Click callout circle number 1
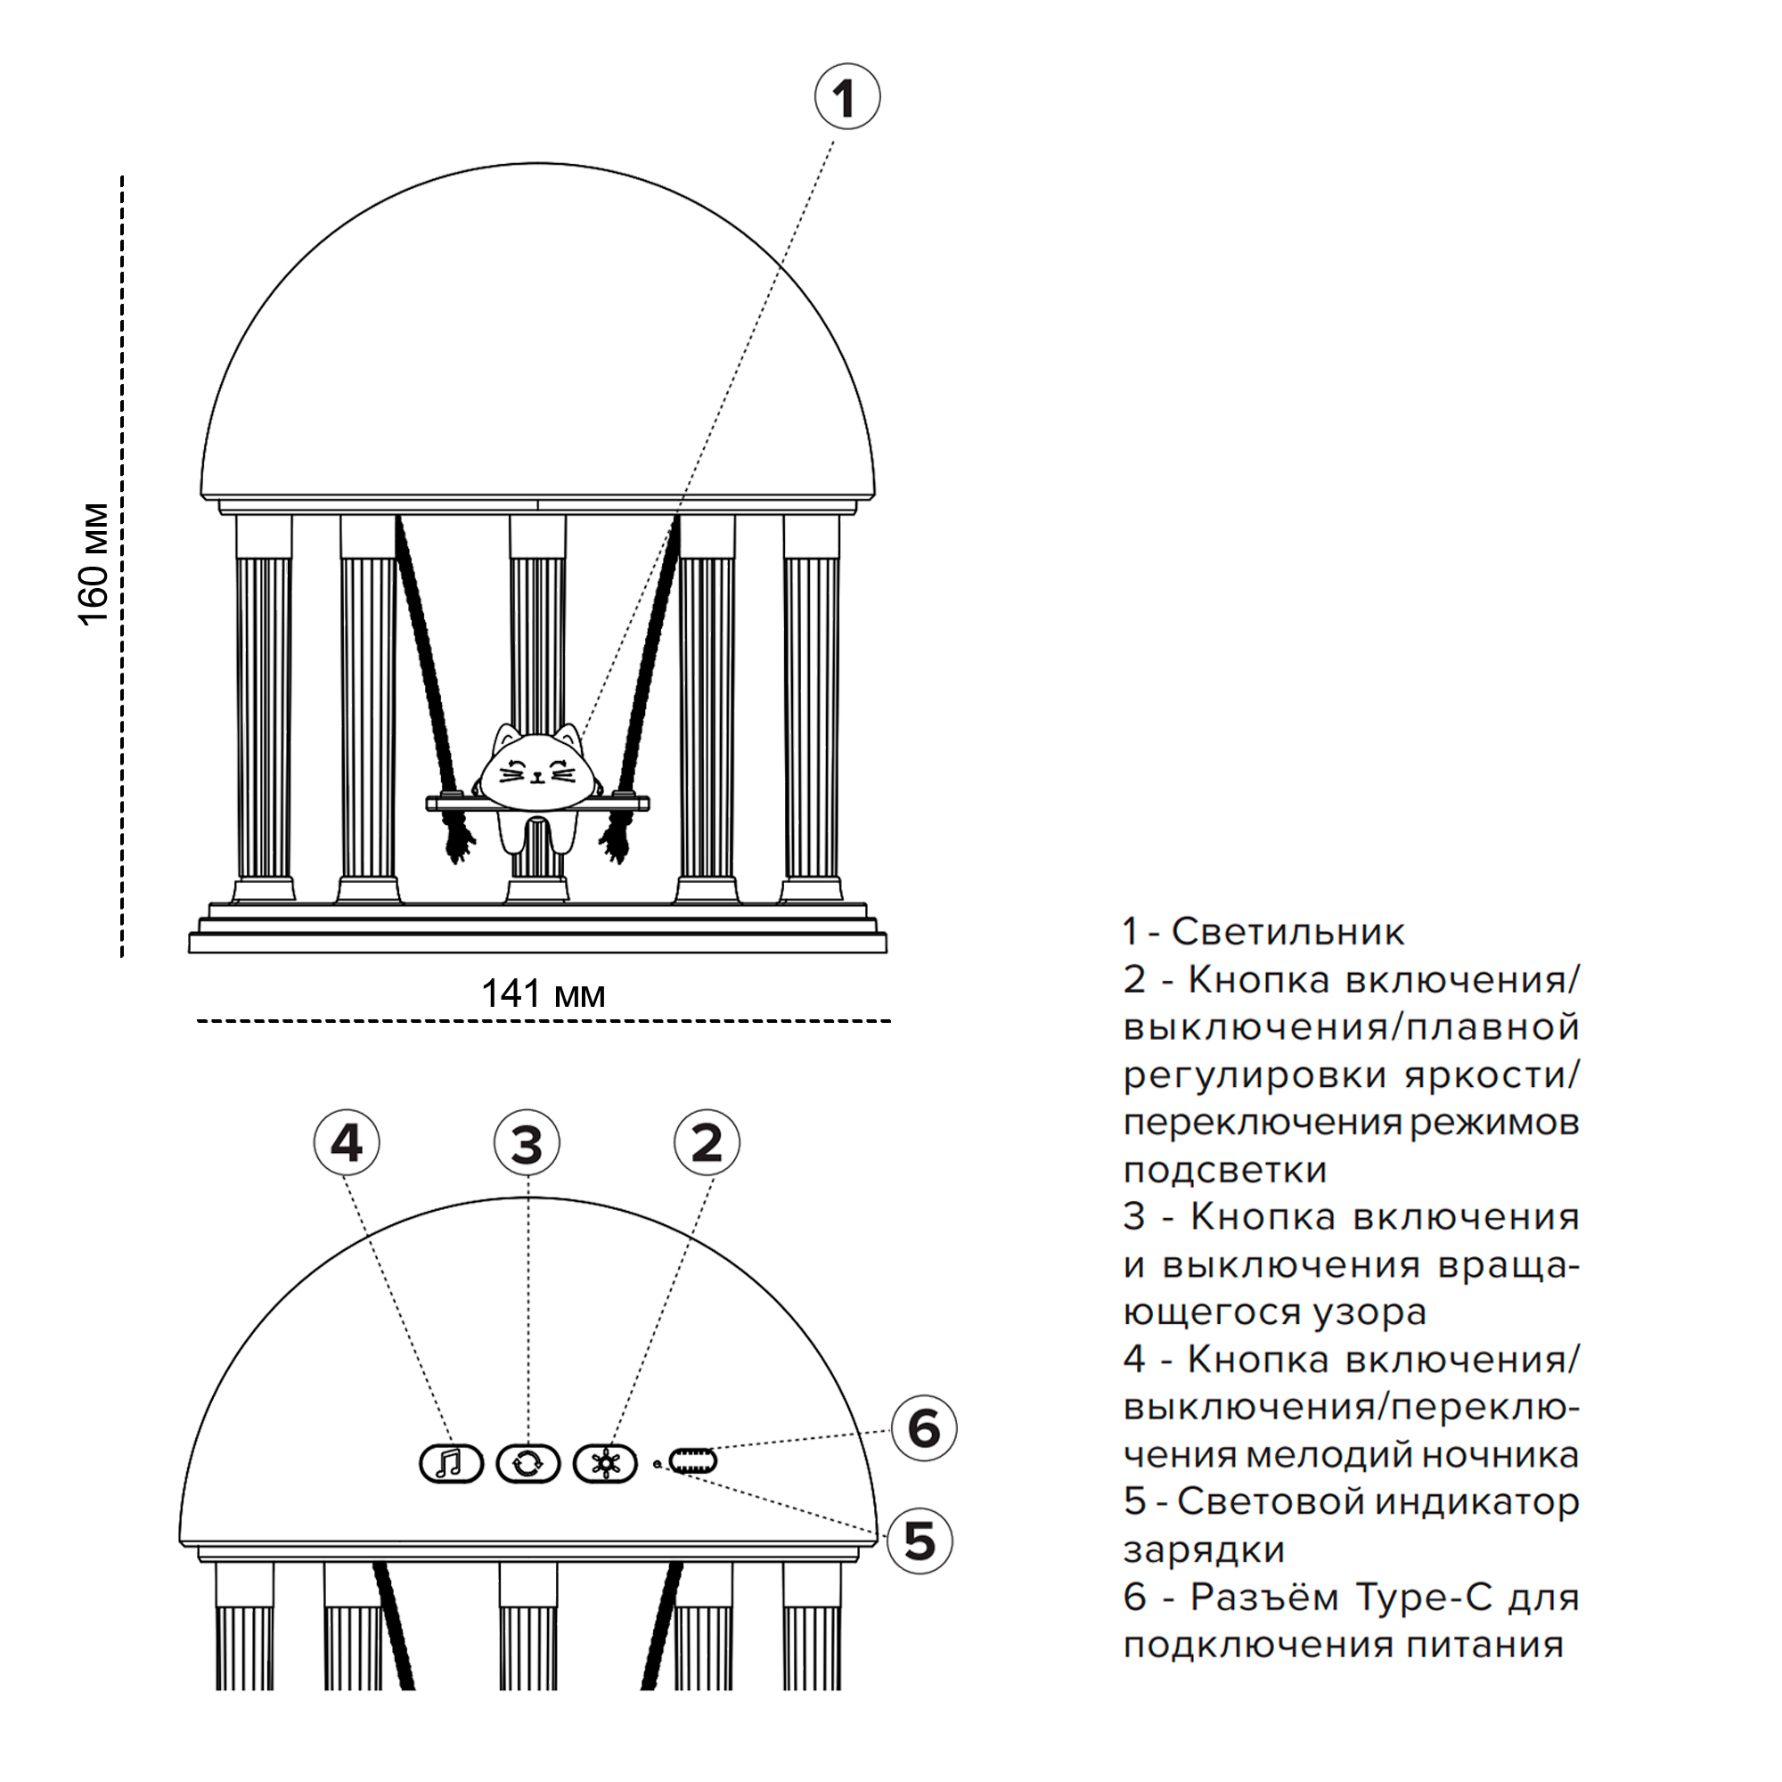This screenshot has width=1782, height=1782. pyautogui.click(x=846, y=97)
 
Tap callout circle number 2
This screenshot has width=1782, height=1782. pyautogui.click(x=707, y=1144)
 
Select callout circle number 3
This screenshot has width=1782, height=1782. pyautogui.click(x=527, y=1144)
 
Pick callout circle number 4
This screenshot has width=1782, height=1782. pyautogui.click(x=347, y=1144)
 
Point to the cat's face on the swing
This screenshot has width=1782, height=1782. pyautogui.click(x=535, y=767)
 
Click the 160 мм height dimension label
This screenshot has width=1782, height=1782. pyautogui.click(x=95, y=565)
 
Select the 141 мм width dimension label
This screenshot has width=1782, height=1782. pyautogui.click(x=544, y=994)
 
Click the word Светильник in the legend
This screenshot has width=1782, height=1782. pyautogui.click(x=1287, y=933)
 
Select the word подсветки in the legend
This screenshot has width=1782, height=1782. pyautogui.click(x=1225, y=1171)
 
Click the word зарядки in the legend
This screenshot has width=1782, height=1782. pyautogui.click(x=1204, y=1550)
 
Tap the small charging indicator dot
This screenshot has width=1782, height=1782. pyautogui.click(x=656, y=1464)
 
